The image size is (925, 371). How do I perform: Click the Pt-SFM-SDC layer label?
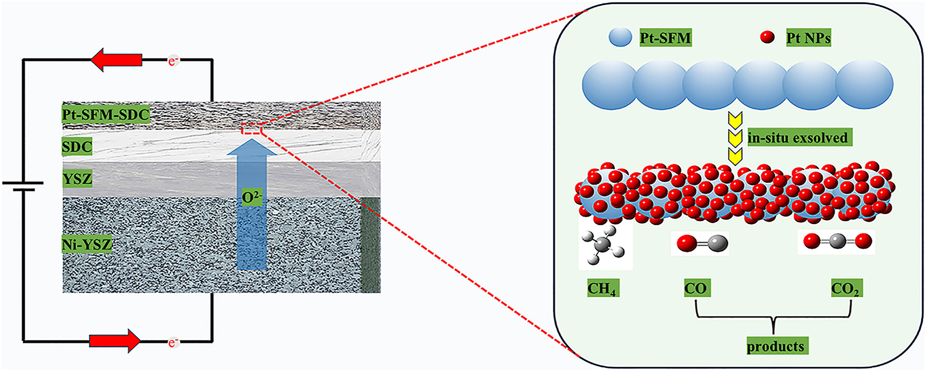[x=106, y=114]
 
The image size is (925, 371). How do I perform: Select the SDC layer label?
[x=77, y=147]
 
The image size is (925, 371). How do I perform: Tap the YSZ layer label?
[x=77, y=179]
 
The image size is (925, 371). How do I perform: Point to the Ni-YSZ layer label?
[x=87, y=244]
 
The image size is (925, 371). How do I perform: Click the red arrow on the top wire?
[x=116, y=60]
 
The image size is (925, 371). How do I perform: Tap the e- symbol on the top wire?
[x=173, y=61]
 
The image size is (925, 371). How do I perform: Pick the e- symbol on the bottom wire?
[x=173, y=343]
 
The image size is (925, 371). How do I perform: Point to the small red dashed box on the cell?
[x=251, y=130]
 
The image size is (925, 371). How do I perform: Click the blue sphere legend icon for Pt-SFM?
[x=620, y=37]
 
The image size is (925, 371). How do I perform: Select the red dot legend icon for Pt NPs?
[x=767, y=37]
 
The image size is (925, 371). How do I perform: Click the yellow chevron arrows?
[x=735, y=138]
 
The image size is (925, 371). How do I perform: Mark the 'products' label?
[x=775, y=346]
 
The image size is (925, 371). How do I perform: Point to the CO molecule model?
[x=700, y=243]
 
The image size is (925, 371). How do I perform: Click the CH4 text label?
[x=602, y=289]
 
